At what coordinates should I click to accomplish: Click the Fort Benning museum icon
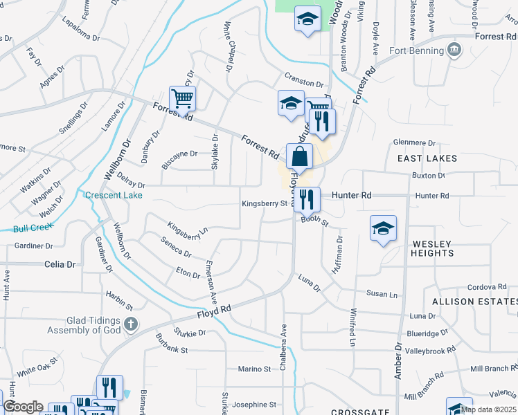(454, 50)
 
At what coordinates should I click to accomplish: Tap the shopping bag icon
(298, 158)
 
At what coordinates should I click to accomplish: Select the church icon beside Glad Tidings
(132, 324)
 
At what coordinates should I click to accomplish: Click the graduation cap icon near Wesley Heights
(382, 230)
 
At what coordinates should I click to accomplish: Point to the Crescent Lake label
(114, 196)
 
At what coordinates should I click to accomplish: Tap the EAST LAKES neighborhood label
(427, 158)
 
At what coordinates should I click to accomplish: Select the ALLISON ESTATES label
(474, 302)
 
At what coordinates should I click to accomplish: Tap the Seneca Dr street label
(176, 248)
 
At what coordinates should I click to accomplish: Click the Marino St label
(254, 369)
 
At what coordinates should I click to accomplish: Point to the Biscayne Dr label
(179, 154)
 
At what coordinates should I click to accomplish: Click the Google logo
(24, 407)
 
